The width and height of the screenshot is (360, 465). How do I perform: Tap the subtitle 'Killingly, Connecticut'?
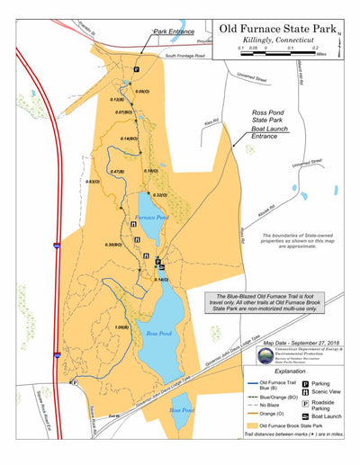(280, 40)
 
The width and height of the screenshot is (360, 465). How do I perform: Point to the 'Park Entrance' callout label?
(174, 31)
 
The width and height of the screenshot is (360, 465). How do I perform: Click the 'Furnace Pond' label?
(149, 219)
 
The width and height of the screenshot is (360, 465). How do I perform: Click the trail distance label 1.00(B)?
(123, 327)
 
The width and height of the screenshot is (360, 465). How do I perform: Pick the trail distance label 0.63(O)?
(92, 181)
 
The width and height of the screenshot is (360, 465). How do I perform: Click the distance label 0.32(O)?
(161, 195)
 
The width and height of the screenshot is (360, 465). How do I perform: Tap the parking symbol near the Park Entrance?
(137, 69)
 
